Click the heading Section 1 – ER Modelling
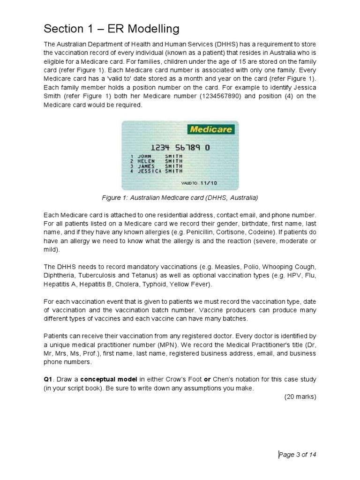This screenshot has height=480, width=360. point(112,29)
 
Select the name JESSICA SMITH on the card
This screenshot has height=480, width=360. point(157,171)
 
